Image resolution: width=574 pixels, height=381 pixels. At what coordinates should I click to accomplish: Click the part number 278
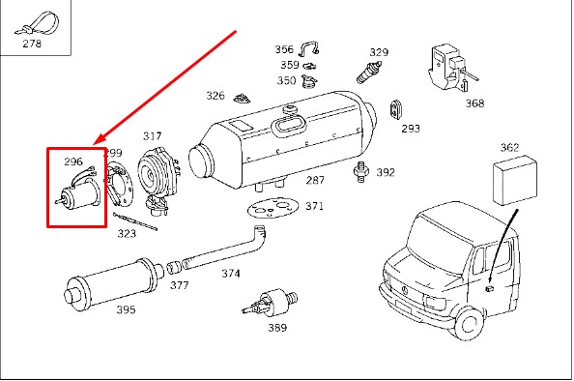[x=32, y=44]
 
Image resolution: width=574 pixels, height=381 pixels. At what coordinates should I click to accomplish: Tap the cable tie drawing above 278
[x=37, y=23]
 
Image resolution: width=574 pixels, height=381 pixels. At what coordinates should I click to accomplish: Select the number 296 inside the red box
[x=73, y=161]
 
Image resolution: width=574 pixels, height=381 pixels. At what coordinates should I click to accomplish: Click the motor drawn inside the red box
[x=77, y=190]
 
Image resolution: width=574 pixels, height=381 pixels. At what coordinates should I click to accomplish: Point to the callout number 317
[x=152, y=136]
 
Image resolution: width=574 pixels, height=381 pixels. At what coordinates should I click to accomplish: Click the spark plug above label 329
[x=369, y=73]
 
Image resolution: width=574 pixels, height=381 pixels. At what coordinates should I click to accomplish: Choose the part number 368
[x=474, y=103]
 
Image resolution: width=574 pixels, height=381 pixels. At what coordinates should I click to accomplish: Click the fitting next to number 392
[x=360, y=171]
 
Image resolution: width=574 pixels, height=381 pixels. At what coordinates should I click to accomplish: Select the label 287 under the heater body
[x=315, y=180]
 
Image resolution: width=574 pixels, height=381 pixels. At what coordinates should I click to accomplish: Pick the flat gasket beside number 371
[x=273, y=209]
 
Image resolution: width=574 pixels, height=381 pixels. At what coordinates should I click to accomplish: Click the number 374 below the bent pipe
[x=231, y=274]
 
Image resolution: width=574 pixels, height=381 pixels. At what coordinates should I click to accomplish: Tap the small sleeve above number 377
[x=174, y=267]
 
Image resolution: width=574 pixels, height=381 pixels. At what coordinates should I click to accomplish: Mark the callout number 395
[x=126, y=309]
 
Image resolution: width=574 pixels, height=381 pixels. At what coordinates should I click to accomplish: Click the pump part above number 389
[x=271, y=302]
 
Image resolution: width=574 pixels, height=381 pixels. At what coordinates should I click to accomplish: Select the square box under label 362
[x=515, y=180]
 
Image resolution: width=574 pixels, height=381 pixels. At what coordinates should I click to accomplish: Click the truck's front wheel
[x=469, y=323]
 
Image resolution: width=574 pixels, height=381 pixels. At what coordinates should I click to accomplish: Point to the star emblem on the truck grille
[x=406, y=290]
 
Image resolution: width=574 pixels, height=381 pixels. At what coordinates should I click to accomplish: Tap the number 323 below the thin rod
[x=127, y=233]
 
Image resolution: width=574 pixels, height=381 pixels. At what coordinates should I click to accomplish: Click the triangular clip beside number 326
[x=242, y=99]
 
